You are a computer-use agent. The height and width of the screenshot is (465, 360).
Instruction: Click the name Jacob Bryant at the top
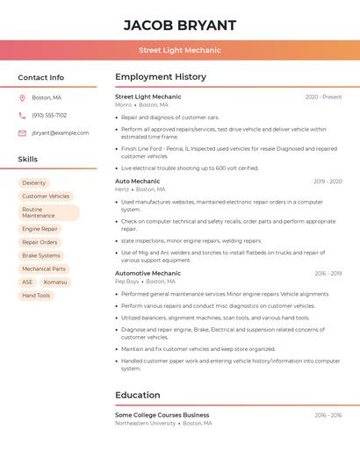coord(180,25)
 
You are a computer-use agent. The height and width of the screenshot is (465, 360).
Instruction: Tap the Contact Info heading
coord(41,77)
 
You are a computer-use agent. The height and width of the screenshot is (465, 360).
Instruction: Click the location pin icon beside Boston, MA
coord(22,97)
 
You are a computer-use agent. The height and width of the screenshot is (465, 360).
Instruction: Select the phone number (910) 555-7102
coord(49,115)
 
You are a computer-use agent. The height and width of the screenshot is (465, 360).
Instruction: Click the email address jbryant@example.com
coord(60,132)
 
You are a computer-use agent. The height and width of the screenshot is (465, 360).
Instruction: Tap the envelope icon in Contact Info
coord(22,132)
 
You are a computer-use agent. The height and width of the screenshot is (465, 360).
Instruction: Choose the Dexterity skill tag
coord(34,183)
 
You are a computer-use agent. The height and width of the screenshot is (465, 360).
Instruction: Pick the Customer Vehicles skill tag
coord(46,197)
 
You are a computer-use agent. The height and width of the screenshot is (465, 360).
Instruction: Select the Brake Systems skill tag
coord(41,256)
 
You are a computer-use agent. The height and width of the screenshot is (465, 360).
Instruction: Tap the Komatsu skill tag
coord(55,283)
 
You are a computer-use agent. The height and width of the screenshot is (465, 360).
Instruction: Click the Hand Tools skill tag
coord(36,296)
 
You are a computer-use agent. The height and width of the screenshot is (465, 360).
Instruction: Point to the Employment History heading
coord(161,77)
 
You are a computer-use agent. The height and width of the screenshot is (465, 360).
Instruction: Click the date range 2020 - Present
coord(323,97)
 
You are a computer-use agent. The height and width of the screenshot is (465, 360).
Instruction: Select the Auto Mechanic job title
coord(137,181)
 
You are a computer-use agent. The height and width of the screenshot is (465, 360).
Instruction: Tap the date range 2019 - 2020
coord(328,182)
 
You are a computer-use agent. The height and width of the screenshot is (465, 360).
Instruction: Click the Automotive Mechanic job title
coord(148,273)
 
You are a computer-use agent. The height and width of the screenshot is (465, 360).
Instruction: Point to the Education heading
coord(138,395)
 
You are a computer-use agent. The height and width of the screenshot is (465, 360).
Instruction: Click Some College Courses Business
coord(162,415)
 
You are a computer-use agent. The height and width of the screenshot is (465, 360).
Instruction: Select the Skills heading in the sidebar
coord(28,160)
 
